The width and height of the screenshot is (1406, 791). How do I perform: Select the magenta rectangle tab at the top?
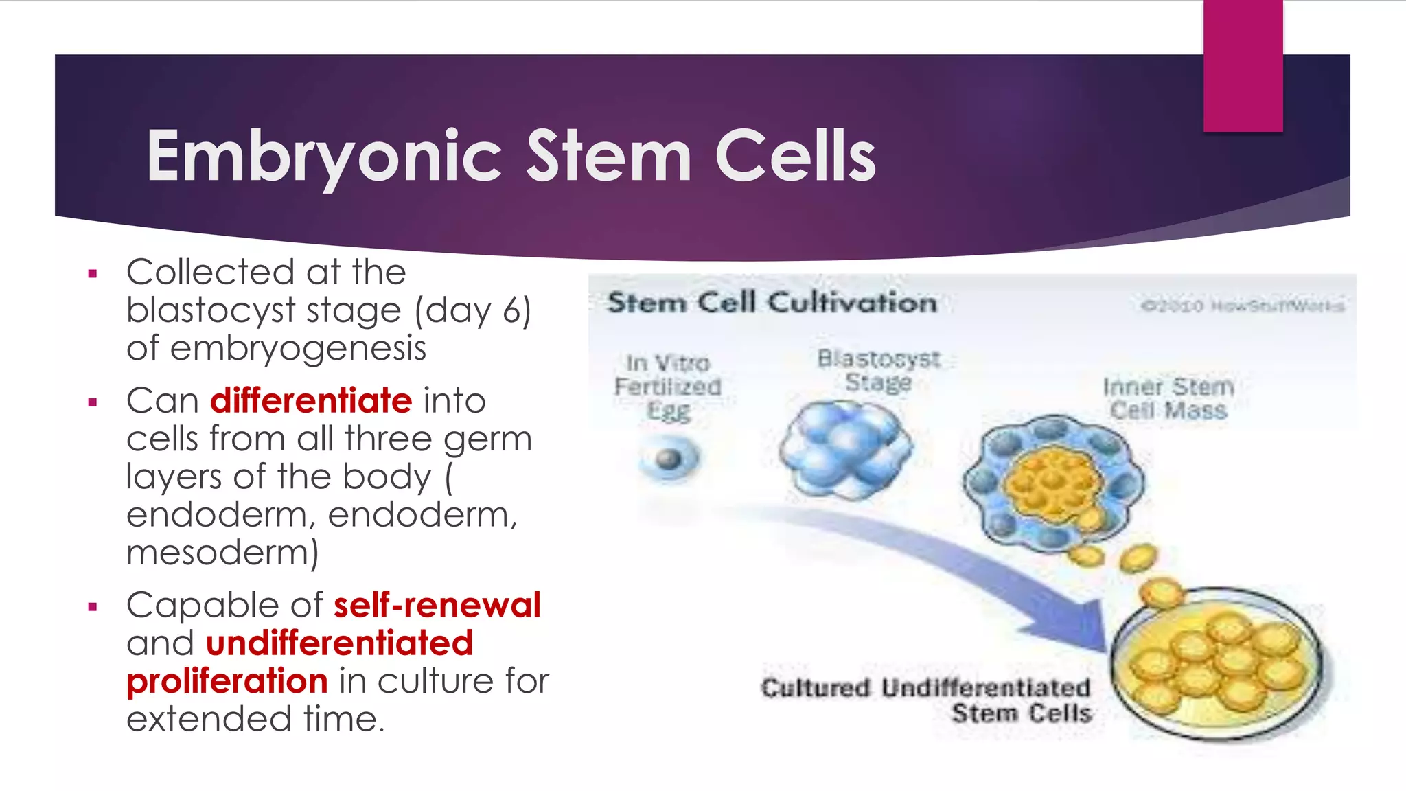(1243, 65)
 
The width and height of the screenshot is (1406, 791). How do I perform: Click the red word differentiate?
(311, 400)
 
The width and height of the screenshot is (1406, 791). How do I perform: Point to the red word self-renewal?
(437, 605)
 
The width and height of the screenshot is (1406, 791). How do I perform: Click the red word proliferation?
(227, 681)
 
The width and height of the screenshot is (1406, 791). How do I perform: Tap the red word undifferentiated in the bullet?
(339, 643)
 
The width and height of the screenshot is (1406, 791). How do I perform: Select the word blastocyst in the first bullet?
(211, 310)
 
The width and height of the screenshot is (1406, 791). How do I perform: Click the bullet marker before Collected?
(93, 275)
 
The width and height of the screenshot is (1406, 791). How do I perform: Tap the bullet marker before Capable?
(93, 607)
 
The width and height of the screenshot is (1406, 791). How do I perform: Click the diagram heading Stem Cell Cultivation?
(772, 303)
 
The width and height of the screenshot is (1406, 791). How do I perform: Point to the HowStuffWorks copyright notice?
(1243, 306)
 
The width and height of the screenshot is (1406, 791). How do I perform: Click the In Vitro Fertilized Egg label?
(667, 387)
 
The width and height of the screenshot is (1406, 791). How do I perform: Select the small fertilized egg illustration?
(669, 459)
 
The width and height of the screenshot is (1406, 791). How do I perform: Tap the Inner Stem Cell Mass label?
(1168, 398)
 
